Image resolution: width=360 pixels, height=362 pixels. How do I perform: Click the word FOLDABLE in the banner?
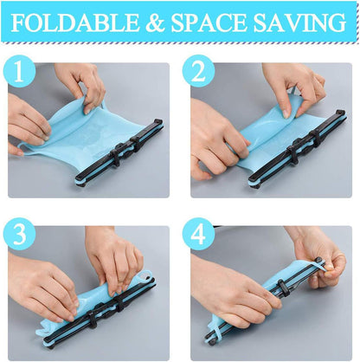(75, 23)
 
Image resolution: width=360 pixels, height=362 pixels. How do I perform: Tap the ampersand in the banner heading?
(155, 23)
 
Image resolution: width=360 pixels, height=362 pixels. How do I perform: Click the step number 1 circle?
(19, 71)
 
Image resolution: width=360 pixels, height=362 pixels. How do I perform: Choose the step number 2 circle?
(198, 71)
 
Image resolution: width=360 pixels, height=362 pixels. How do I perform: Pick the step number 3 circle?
(19, 235)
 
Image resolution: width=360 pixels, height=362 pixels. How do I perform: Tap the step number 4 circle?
(198, 235)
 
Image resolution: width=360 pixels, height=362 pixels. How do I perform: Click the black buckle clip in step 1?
(124, 150)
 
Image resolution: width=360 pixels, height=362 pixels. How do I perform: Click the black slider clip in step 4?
(281, 285)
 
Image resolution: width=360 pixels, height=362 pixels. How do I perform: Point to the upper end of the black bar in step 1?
(158, 122)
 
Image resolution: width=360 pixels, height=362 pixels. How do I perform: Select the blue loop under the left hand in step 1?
(22, 149)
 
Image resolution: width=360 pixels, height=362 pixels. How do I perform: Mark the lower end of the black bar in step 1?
(80, 181)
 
